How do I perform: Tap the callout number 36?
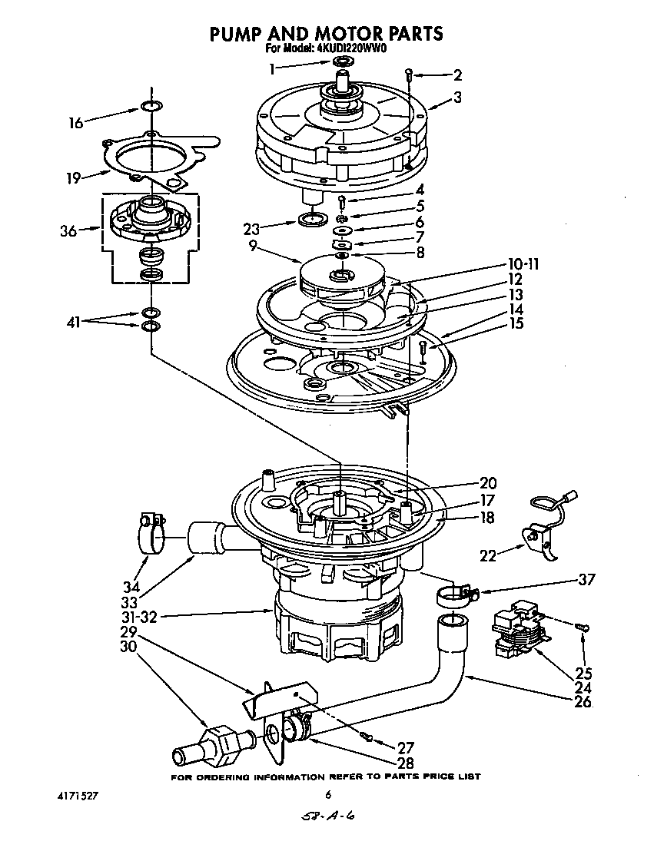(68, 230)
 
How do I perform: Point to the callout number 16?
(75, 121)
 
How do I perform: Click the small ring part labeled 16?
(151, 106)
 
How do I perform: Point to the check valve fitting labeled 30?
(214, 745)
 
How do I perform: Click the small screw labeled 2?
(410, 74)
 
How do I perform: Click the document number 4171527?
(81, 796)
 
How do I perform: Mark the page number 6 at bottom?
(328, 796)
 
